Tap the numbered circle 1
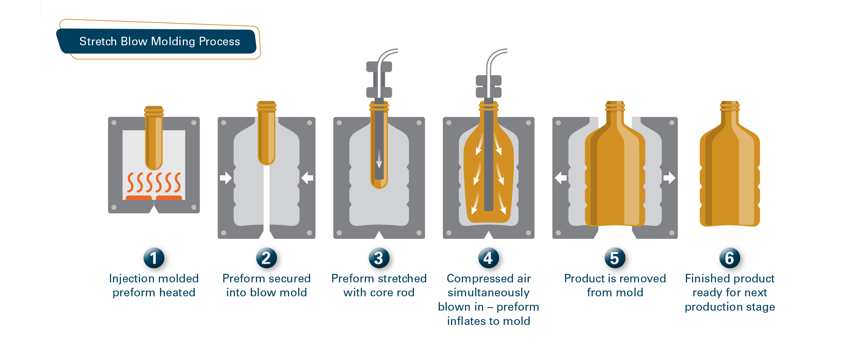point(154,258)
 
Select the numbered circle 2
point(267,258)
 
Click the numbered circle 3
point(379,258)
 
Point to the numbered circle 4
point(488,258)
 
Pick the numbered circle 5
point(615,258)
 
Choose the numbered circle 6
point(729,258)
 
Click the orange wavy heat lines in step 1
point(154,182)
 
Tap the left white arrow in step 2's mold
point(226,178)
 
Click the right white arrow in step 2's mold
point(307,178)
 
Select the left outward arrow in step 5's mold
point(561,178)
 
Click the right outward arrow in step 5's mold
point(669,178)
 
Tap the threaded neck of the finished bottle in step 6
point(729,106)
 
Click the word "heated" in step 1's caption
point(177,293)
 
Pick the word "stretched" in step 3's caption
point(403,279)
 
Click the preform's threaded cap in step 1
point(154,111)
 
